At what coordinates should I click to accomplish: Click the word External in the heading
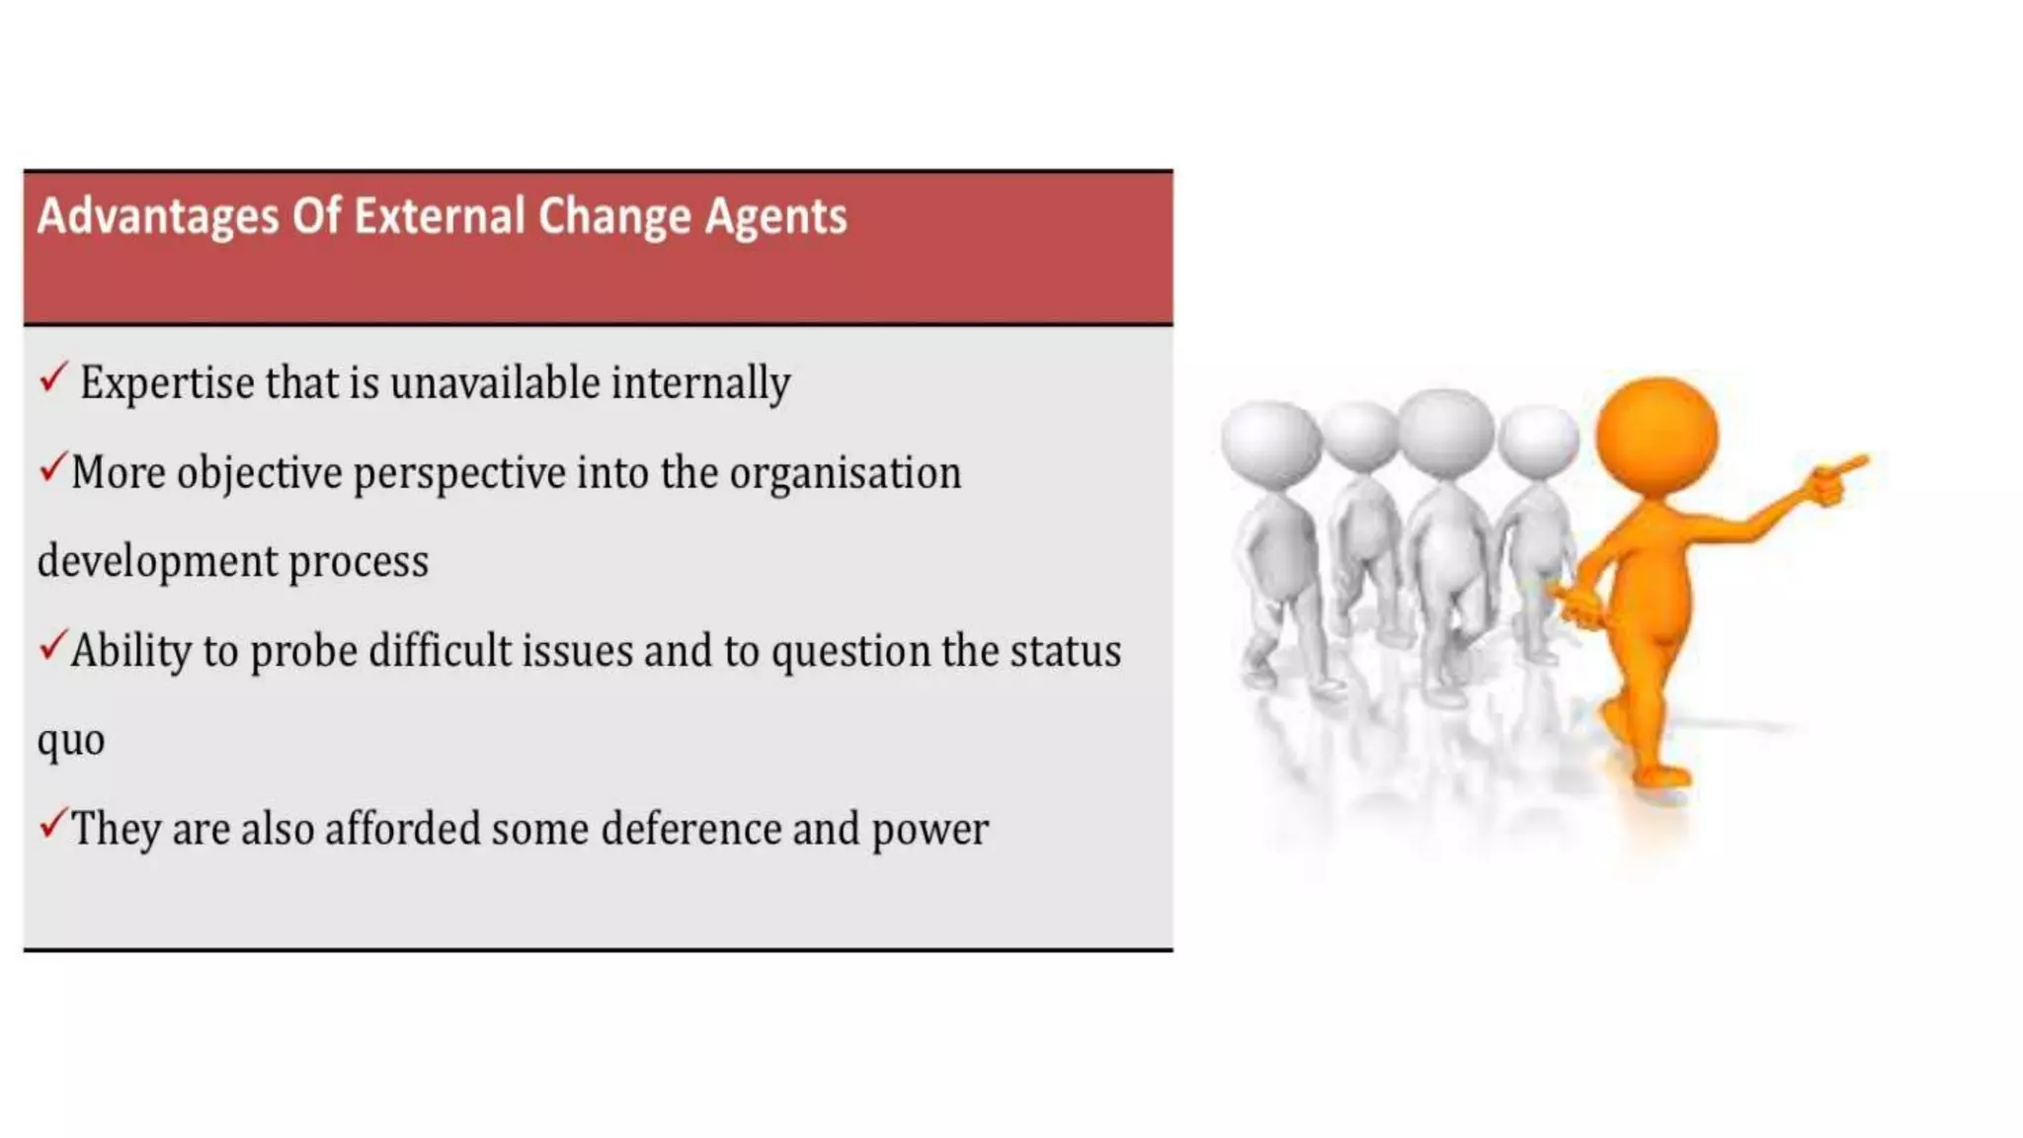[439, 216]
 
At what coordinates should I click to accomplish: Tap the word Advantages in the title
[158, 216]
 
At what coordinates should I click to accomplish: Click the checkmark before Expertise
[53, 377]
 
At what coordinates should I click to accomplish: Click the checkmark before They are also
[52, 823]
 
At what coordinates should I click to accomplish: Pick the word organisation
[845, 473]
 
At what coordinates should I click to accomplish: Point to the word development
[157, 561]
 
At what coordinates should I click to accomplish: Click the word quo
[71, 740]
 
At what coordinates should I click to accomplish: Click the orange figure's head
[1657, 436]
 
